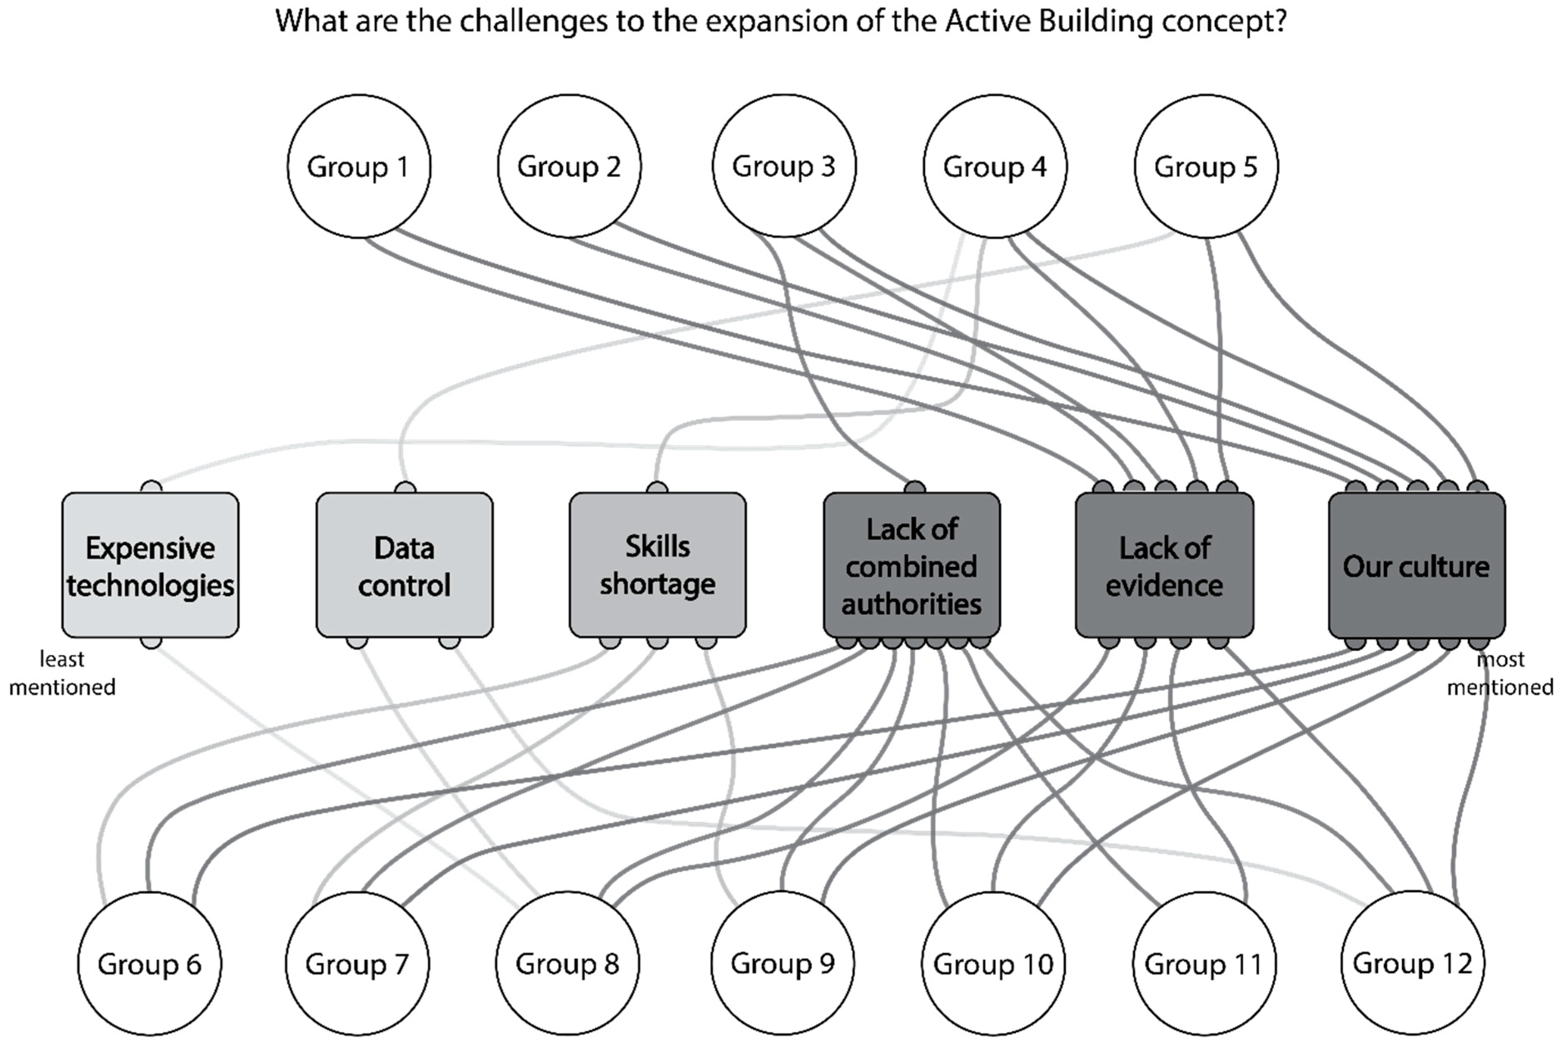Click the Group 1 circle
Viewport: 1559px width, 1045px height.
tap(359, 166)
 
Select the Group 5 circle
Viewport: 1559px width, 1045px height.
tap(1206, 166)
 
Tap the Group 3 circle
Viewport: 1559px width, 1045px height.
tap(784, 166)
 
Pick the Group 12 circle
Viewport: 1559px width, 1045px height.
tap(1413, 963)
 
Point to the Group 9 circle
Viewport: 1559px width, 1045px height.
tap(782, 963)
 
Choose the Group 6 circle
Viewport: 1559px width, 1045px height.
tap(149, 963)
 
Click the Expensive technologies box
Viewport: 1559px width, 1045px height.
tap(150, 565)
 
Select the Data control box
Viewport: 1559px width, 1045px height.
tap(404, 565)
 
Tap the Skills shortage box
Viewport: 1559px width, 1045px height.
tap(658, 565)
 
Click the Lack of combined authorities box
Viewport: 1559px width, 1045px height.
tap(911, 565)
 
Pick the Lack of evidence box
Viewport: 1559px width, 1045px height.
tap(1164, 565)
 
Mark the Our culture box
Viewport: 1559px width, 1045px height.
tap(1416, 565)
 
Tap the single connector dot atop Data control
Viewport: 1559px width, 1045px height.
tap(405, 488)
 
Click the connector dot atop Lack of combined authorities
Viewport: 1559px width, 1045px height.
tap(915, 487)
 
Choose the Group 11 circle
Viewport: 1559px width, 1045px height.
tap(1204, 963)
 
